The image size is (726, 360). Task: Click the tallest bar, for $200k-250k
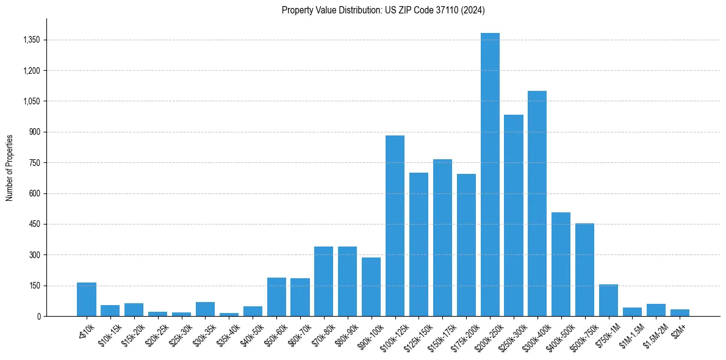pyautogui.click(x=490, y=175)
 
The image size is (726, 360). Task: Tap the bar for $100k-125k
pyautogui.click(x=395, y=226)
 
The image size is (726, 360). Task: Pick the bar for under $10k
pyautogui.click(x=87, y=300)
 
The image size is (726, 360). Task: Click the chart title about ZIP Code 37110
pyautogui.click(x=383, y=10)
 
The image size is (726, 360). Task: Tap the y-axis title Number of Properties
pyautogui.click(x=10, y=168)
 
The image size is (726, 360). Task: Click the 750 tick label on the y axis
pyautogui.click(x=34, y=163)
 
